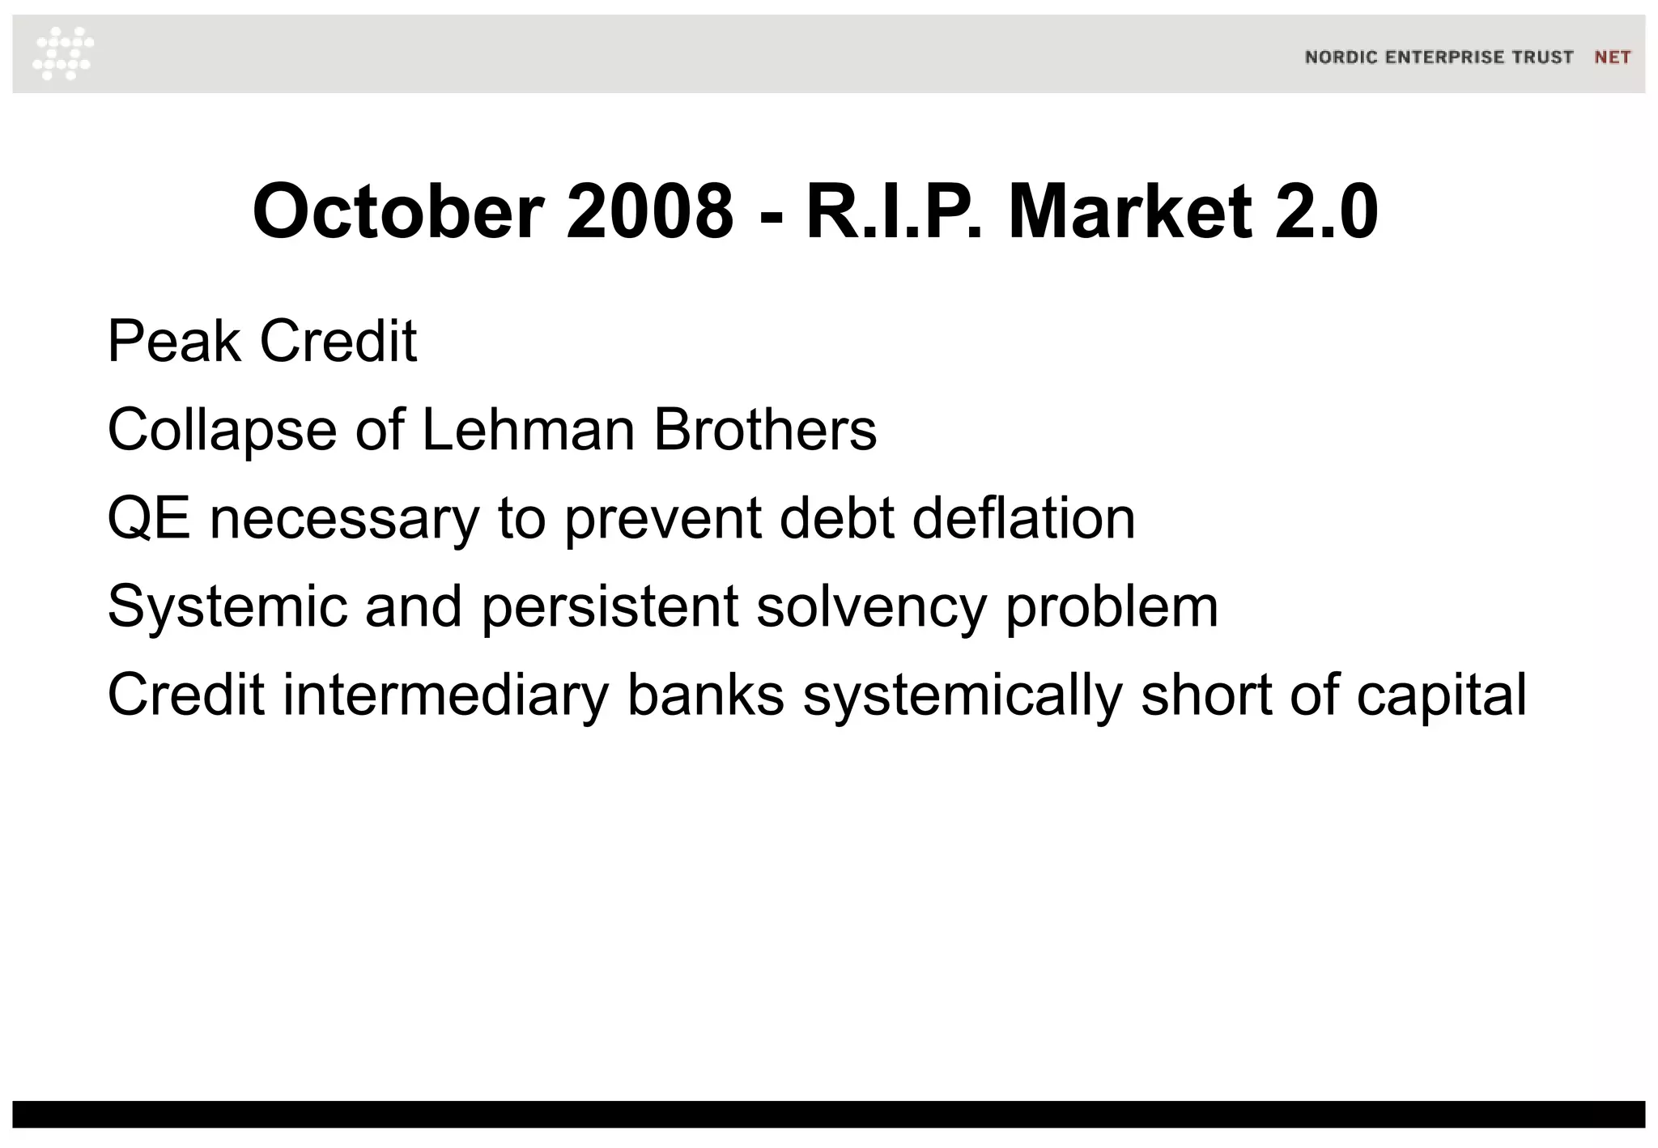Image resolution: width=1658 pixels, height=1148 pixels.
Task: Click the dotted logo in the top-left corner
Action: (x=63, y=53)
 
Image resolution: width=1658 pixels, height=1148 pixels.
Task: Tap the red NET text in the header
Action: (x=1612, y=57)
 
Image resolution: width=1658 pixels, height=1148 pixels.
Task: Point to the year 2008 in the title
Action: (x=650, y=212)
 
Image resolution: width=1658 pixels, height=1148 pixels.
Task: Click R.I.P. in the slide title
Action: (x=895, y=212)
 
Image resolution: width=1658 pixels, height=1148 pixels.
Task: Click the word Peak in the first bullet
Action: (x=173, y=342)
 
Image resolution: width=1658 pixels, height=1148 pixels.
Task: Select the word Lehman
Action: (x=528, y=430)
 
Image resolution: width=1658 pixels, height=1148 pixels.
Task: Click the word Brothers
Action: (x=765, y=430)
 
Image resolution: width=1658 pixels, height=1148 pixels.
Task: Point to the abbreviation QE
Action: (x=149, y=518)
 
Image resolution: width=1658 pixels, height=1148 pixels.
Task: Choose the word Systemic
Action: (x=227, y=607)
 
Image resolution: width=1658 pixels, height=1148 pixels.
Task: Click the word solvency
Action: (x=871, y=607)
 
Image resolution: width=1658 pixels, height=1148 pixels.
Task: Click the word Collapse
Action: (x=222, y=430)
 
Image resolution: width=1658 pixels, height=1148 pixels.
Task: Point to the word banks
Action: (x=706, y=695)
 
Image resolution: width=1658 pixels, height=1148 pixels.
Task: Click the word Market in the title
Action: (x=1130, y=212)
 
